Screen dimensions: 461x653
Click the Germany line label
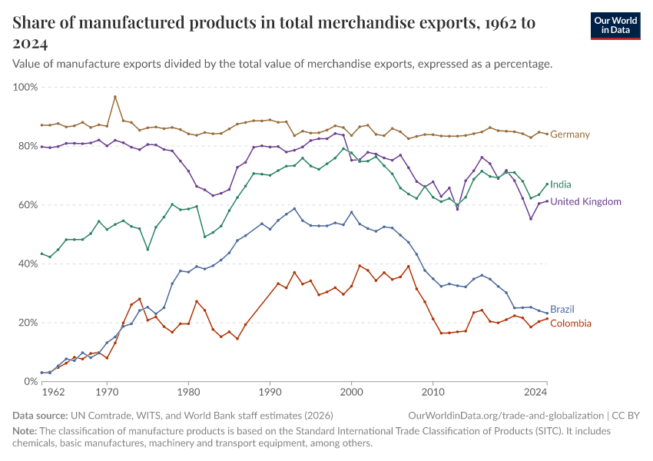pos(570,134)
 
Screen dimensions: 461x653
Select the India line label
pos(560,184)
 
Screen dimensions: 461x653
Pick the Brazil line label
pos(562,309)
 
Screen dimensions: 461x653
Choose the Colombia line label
pos(571,323)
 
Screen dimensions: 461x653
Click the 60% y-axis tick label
pos(27,205)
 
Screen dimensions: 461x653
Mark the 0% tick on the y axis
pos(30,381)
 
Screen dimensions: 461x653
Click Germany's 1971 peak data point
pos(115,97)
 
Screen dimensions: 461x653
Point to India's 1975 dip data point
pos(148,249)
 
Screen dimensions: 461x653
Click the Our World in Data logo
pos(615,25)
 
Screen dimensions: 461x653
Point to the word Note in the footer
pos(25,431)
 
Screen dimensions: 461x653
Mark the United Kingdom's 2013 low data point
pos(458,208)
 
